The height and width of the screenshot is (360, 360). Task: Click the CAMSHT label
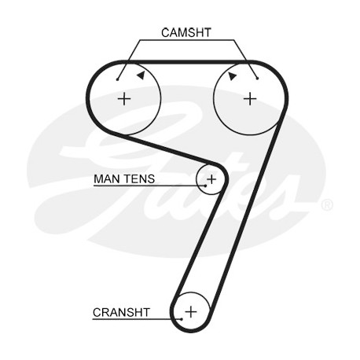(186, 33)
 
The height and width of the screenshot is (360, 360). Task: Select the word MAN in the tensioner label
(107, 179)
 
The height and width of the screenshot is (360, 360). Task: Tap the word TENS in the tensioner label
(139, 179)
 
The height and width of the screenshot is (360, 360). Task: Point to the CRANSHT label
(121, 312)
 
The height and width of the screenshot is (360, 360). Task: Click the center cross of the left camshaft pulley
(124, 99)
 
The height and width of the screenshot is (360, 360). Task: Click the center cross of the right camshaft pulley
(250, 99)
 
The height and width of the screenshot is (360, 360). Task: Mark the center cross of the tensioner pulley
(211, 179)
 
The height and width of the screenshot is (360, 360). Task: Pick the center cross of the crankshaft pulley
(191, 312)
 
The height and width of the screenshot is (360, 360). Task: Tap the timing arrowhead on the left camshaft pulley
(141, 75)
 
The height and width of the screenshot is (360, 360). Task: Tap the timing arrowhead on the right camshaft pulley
(232, 76)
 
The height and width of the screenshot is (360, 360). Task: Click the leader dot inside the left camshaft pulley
(118, 79)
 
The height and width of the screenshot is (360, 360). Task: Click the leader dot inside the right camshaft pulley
(258, 78)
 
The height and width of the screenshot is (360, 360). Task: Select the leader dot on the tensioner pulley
(206, 186)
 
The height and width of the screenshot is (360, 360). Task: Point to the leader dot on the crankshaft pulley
(182, 319)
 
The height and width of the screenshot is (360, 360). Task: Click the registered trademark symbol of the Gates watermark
(327, 205)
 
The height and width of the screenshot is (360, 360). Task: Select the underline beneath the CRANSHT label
(137, 319)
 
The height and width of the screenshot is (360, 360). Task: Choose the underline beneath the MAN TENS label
(149, 186)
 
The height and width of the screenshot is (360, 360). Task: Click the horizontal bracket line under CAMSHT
(187, 40)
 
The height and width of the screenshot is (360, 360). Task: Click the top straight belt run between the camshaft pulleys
(187, 62)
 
